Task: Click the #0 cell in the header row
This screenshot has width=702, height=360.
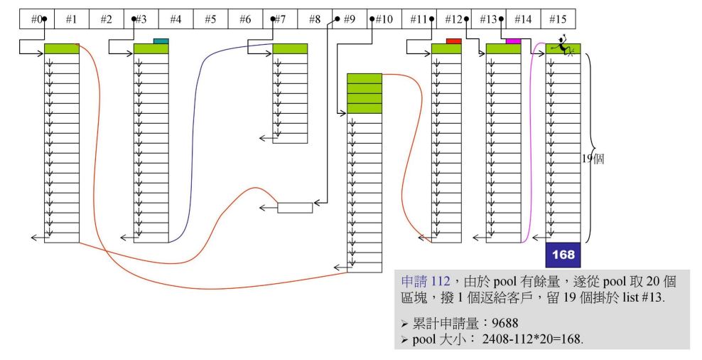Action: tap(36, 19)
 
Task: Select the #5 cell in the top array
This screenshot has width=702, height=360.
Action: tap(210, 19)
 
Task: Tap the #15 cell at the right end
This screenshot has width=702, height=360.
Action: tap(558, 19)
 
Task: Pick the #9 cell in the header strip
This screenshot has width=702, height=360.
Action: tap(349, 19)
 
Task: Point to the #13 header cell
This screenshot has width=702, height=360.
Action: tap(488, 19)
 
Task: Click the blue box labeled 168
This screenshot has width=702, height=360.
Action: tap(563, 255)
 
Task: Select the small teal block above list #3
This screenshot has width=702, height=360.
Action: tap(161, 41)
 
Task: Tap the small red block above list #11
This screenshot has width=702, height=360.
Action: tap(453, 41)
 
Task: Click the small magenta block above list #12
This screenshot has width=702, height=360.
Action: tap(513, 41)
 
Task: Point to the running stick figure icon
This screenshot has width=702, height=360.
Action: tap(561, 46)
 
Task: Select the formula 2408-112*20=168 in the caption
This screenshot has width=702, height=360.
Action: tap(533, 339)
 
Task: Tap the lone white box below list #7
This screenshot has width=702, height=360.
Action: tap(295, 208)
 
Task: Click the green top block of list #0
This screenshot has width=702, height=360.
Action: tap(62, 48)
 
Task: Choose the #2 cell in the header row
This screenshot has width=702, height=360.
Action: tap(106, 19)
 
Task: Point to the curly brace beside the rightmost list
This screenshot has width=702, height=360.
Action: tap(588, 148)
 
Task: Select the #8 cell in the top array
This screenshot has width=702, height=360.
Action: tap(314, 19)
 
